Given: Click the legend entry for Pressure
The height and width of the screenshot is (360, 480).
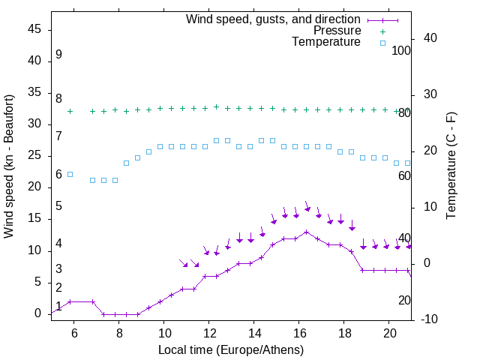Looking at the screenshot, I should coord(337,31).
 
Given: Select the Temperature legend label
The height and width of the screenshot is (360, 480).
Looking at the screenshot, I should coord(326,42).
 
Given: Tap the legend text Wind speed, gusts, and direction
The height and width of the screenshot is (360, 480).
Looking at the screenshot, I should coord(274,19).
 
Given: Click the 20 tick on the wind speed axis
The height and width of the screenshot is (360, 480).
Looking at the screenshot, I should coord(34,187).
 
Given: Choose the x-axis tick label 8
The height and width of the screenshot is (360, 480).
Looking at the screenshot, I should coord(119,332).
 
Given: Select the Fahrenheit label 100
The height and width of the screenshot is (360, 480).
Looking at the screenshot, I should coord(401,50).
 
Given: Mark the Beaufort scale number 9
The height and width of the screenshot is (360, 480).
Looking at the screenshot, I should coord(58,55).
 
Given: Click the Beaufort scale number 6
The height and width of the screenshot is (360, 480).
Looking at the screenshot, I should coord(58,175).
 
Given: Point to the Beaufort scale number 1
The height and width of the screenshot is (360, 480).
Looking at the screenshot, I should coord(58,307).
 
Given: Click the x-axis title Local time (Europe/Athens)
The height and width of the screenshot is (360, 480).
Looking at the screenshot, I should coord(231,349).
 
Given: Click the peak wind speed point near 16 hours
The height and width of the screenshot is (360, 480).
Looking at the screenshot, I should coord(306,232).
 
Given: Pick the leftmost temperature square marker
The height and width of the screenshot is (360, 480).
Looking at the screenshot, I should coord(70,174).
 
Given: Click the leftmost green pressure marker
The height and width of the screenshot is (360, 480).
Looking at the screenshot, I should coord(70,111).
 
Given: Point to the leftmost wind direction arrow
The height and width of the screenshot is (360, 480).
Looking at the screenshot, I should coord(183,263).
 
